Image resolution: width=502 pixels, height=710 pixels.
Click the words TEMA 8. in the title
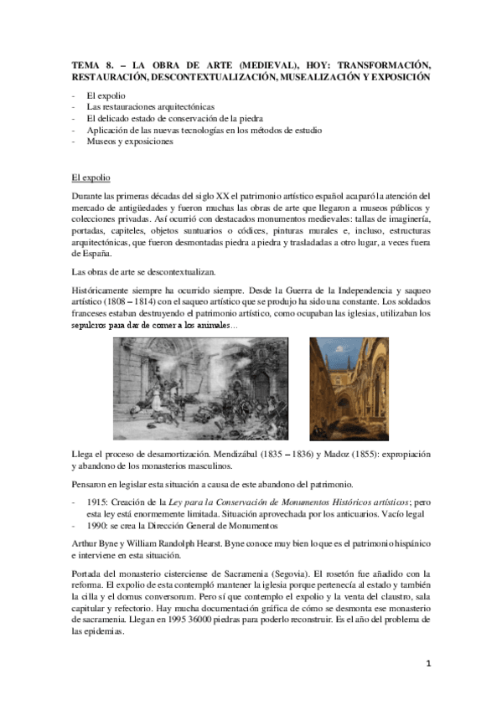pos(87,64)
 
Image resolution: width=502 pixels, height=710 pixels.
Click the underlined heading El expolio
pos(91,177)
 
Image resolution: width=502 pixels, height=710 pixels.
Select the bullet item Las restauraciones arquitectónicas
pos(150,107)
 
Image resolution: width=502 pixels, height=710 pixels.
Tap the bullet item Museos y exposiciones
pos(129,141)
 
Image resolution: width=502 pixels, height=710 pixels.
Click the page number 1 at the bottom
pos(427,664)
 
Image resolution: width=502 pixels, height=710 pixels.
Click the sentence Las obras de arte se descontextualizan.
pos(143,272)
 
